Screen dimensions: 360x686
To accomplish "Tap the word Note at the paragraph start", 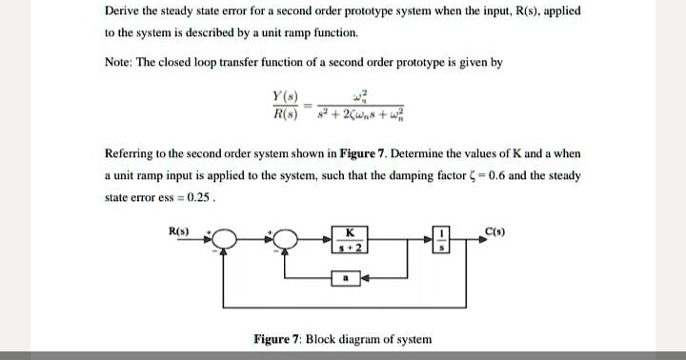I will coord(122,62).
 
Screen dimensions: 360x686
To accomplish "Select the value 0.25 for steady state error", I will coord(195,198).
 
